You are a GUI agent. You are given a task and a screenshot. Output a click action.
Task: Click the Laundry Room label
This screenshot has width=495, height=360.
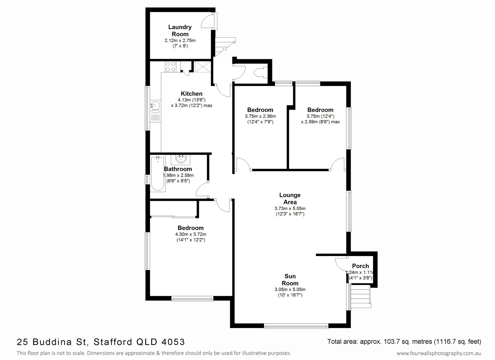180,31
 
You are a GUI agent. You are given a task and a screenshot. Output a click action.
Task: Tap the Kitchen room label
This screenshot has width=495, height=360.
191,94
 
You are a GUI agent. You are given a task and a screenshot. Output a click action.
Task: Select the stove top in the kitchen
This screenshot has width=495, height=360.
171,67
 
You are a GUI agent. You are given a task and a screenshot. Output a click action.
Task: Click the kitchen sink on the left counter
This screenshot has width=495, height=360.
155,106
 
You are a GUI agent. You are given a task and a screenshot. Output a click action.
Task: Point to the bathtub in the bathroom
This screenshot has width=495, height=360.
158,174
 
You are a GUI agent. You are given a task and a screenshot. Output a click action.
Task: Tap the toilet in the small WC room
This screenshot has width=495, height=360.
259,72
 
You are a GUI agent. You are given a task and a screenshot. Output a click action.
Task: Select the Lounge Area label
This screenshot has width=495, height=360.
290,198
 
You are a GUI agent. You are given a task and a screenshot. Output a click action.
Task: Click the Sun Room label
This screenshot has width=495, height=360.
290,279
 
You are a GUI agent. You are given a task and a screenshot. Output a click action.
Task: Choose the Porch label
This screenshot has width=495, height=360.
360,266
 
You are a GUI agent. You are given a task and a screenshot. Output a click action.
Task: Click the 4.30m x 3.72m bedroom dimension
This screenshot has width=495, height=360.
190,234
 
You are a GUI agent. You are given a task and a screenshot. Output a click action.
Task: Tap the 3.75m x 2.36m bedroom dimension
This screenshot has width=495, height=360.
260,116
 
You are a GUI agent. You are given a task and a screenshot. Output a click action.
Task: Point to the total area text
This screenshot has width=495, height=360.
404,342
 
